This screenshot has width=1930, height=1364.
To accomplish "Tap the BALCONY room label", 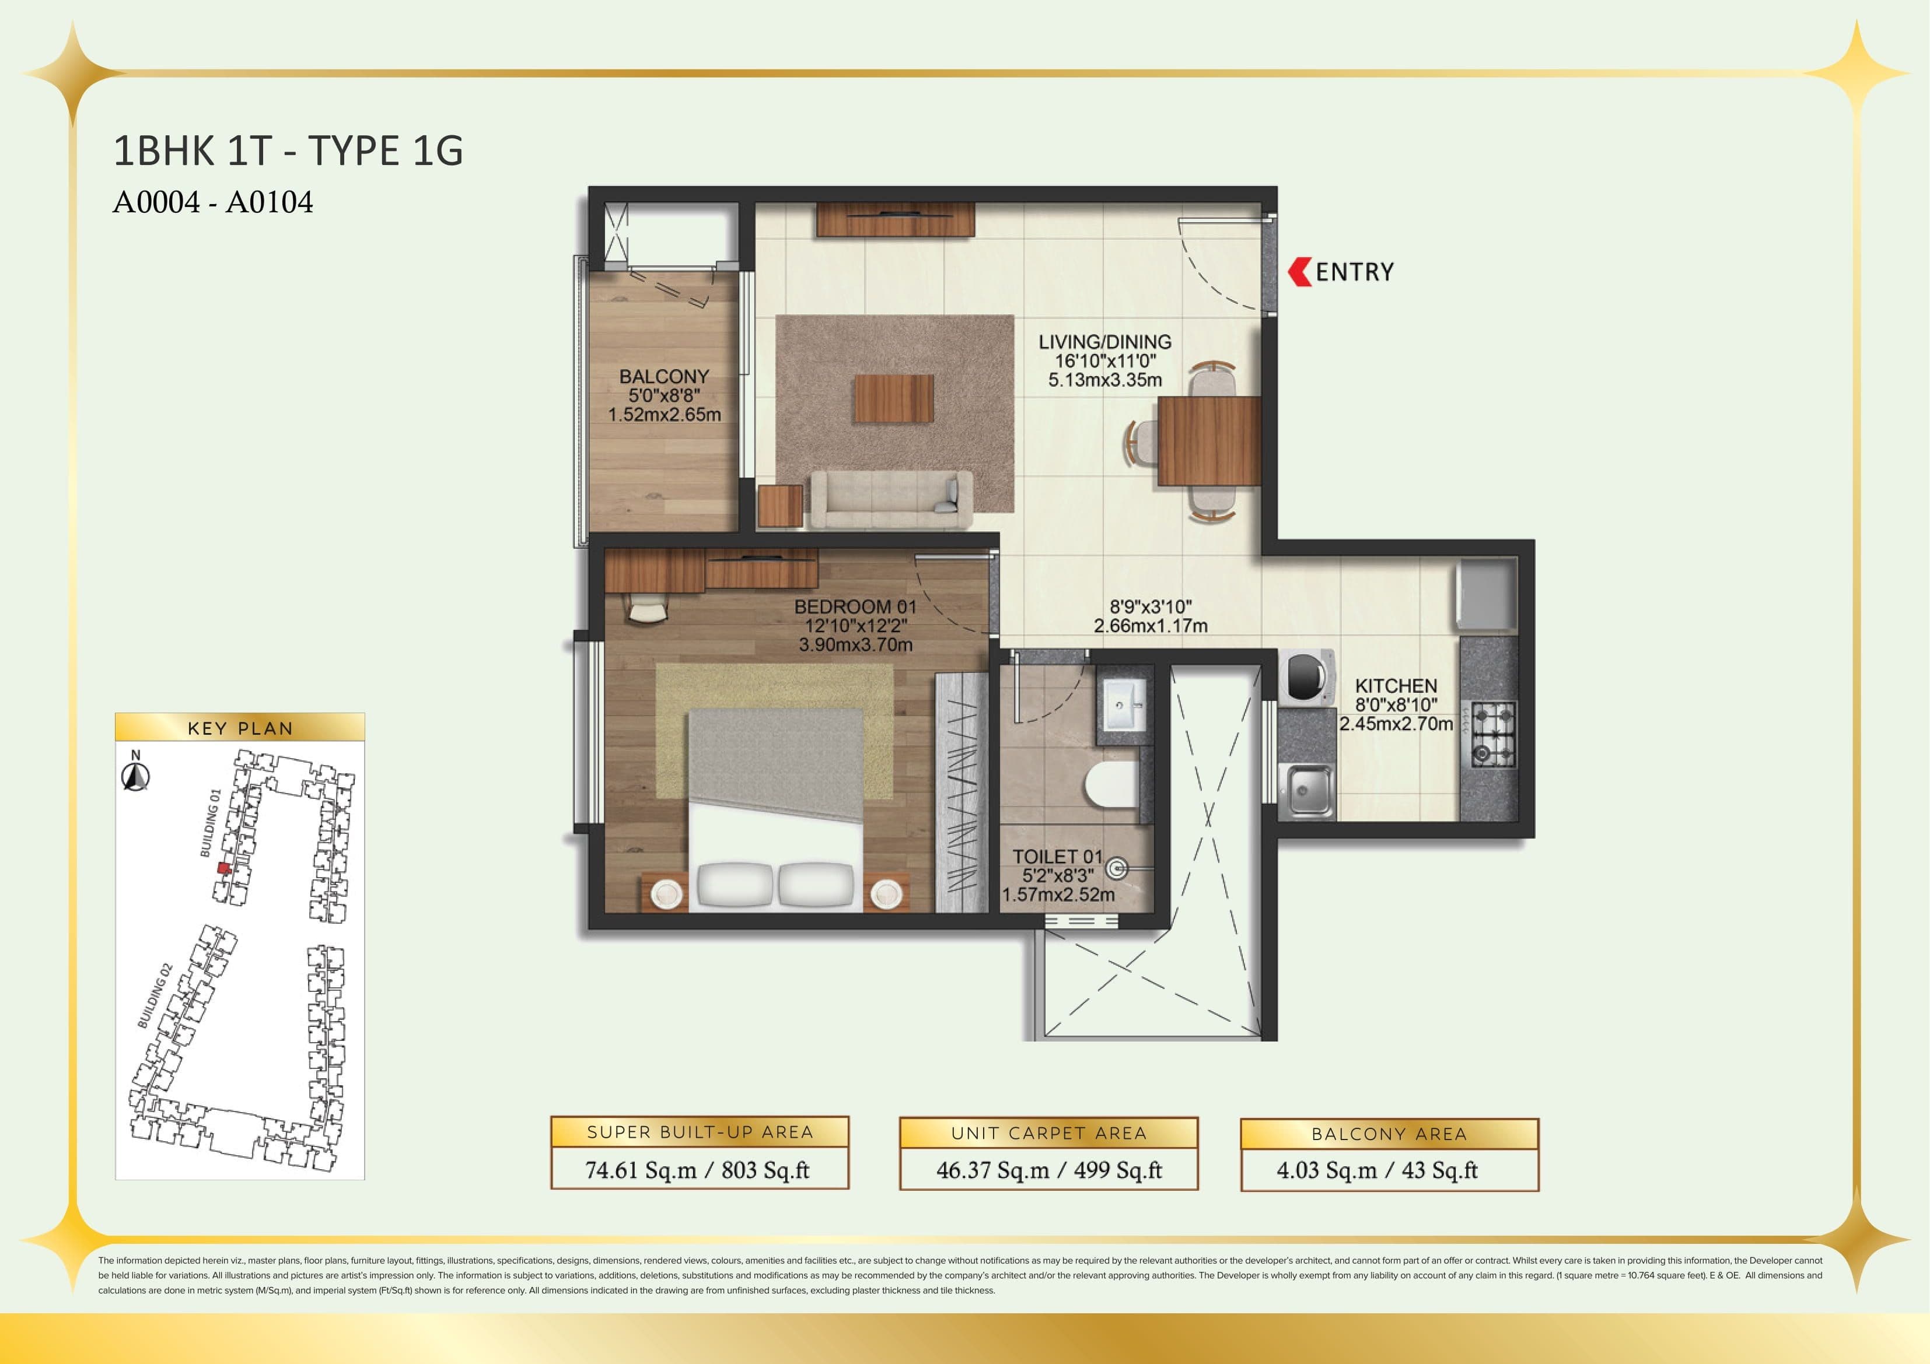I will [664, 377].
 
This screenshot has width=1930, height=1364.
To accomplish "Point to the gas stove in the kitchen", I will [1493, 734].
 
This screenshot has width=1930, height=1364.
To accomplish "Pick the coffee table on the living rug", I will [894, 398].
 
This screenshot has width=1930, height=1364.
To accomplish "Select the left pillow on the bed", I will [735, 884].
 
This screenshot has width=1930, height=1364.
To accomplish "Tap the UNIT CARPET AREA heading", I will [1048, 1133].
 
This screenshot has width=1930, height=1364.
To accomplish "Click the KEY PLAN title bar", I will [240, 728].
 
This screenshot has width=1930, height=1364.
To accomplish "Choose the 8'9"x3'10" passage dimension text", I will [1150, 607].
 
